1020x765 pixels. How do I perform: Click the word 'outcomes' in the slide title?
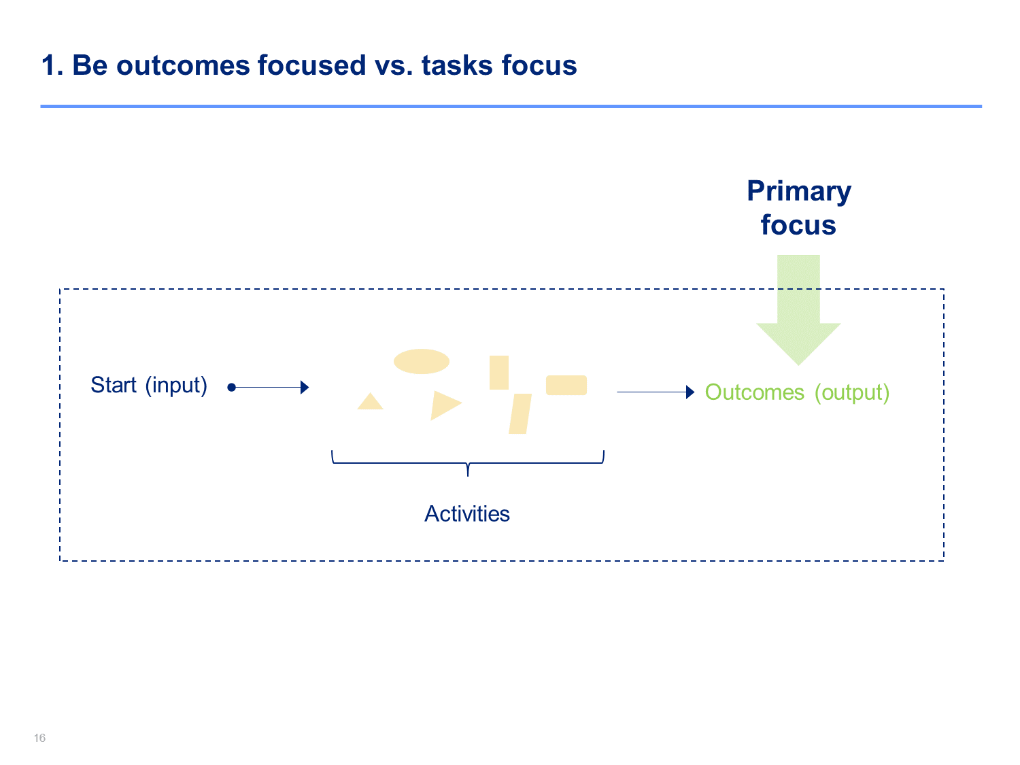click(183, 65)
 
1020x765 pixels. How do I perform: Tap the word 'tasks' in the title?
click(457, 65)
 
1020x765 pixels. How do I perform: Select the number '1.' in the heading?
click(52, 65)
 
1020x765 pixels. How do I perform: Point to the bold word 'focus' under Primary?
click(798, 225)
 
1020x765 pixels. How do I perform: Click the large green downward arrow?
click(798, 309)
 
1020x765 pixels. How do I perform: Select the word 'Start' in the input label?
click(114, 385)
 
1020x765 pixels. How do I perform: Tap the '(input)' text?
click(176, 386)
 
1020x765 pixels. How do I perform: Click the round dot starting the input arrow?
click(231, 388)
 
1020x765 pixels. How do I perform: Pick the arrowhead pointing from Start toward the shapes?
click(305, 388)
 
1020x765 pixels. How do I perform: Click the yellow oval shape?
click(421, 361)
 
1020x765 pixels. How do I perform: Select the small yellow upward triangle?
click(370, 402)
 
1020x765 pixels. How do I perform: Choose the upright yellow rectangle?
click(498, 373)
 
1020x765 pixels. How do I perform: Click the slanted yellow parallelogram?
click(520, 414)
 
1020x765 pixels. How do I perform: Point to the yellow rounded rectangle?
click(566, 385)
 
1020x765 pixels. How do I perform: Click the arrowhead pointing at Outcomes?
click(690, 392)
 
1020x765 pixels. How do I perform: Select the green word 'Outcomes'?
click(754, 392)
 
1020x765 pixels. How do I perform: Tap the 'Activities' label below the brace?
click(467, 513)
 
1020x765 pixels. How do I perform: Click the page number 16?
click(39, 738)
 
